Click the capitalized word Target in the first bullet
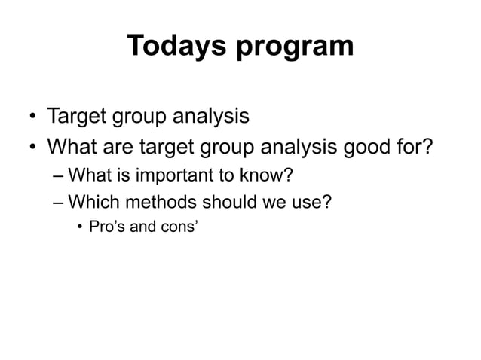pyautogui.click(x=77, y=117)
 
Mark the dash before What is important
pyautogui.click(x=60, y=177)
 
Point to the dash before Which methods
pyautogui.click(x=60, y=203)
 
